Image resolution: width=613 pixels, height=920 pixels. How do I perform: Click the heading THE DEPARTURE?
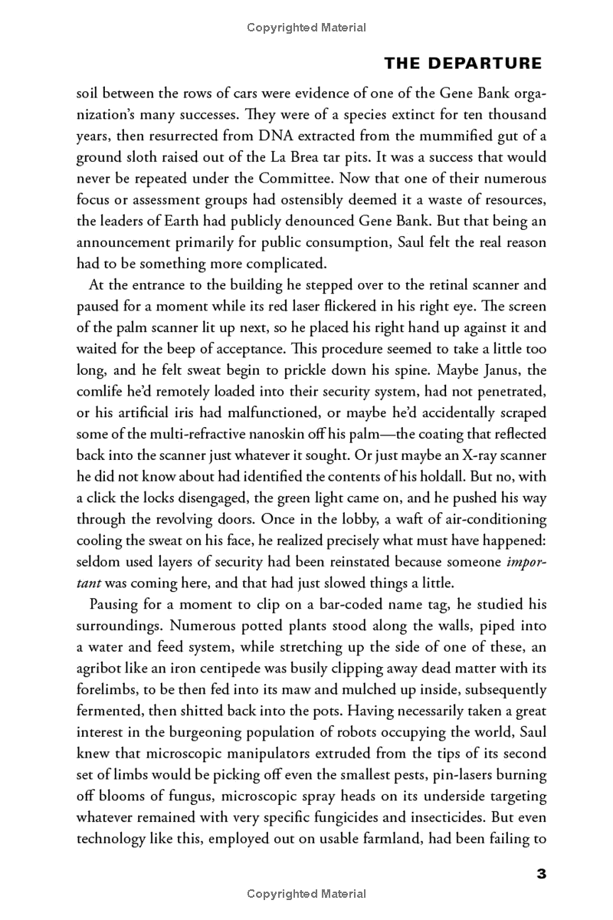(x=462, y=64)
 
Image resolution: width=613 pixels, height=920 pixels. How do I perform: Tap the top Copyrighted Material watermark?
(x=306, y=28)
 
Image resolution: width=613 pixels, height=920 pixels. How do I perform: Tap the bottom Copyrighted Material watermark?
(x=306, y=893)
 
